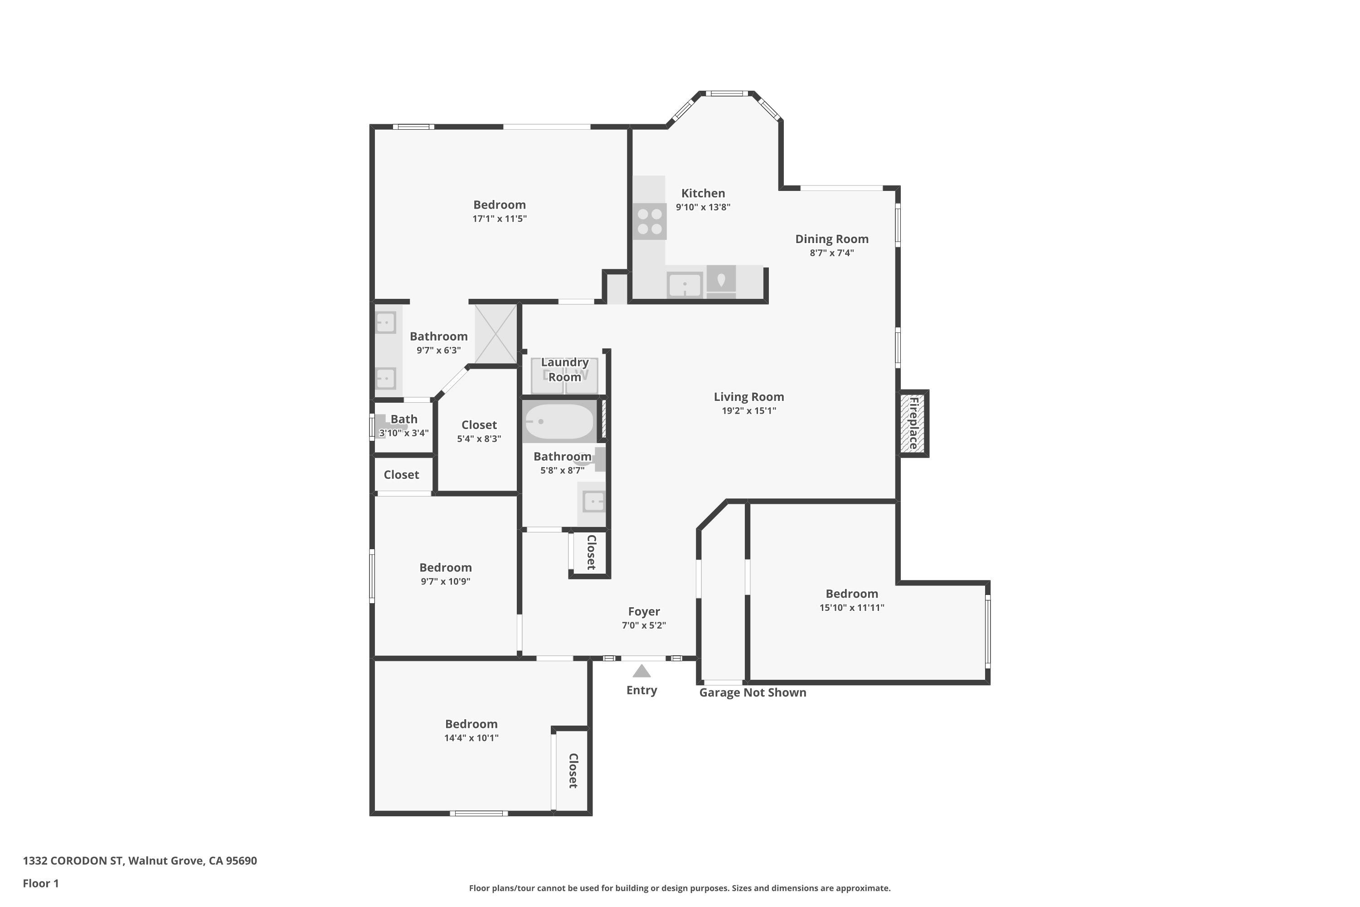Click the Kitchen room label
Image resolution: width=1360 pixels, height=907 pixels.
coord(703,193)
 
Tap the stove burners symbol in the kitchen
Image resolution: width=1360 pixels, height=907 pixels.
coord(649,222)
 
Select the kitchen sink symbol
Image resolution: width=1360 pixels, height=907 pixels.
coord(685,285)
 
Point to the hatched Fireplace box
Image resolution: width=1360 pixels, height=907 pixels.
coord(913,424)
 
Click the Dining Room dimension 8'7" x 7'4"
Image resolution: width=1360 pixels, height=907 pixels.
coord(831,253)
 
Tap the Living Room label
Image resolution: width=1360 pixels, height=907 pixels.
coord(748,397)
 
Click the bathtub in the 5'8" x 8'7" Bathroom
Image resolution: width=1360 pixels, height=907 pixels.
coord(559,422)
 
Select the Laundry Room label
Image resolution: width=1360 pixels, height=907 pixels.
coord(564,370)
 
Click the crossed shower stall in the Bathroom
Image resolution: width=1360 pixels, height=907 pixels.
coord(495,334)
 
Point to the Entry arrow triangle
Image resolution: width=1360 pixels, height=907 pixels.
coord(641,672)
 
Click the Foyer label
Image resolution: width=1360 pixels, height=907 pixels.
coord(644,611)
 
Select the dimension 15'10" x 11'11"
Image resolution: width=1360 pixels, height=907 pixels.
coord(851,607)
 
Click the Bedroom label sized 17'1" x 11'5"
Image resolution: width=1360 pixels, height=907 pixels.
coord(499,205)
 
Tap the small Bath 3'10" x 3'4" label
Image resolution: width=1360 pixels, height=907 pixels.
coord(403,425)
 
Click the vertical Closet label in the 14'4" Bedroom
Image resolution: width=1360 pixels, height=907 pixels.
coord(573,770)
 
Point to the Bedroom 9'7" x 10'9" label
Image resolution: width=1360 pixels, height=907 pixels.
coord(445,567)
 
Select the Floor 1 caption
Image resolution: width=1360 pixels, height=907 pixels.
coord(40,883)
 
